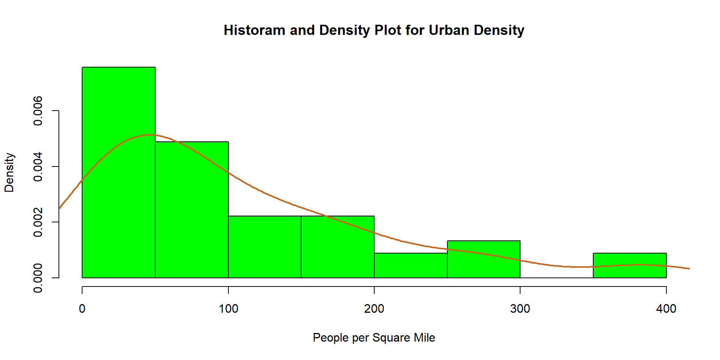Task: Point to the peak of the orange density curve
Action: coord(149,135)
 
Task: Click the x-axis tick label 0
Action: coord(82,309)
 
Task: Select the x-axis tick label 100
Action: coord(228,309)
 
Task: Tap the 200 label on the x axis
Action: coord(374,309)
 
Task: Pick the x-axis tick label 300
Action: coord(520,309)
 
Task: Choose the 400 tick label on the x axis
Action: coord(666,309)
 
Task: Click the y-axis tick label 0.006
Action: coord(38,111)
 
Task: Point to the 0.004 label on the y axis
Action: coord(38,166)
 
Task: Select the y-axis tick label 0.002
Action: coord(38,222)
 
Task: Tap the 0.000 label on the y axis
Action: coord(38,278)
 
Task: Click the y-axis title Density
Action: coord(9,172)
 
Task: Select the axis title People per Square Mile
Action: coord(374,337)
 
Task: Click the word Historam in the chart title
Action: coord(254,30)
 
